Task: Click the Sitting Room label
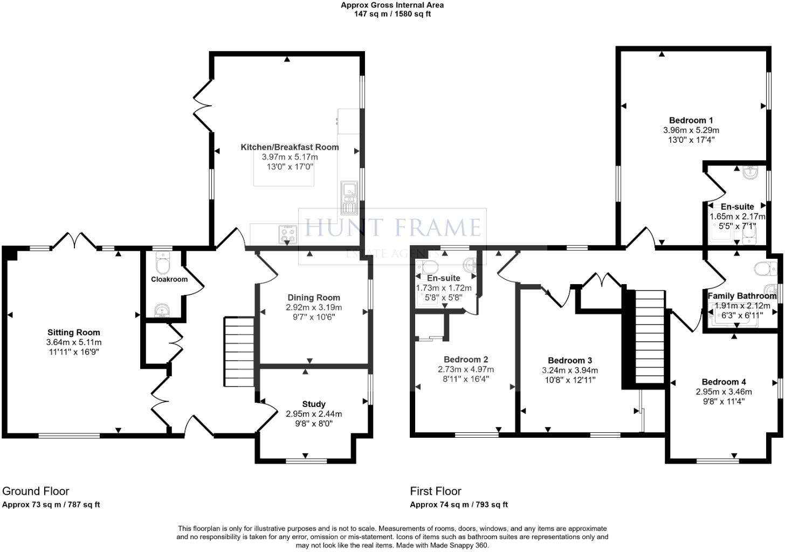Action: [x=74, y=333]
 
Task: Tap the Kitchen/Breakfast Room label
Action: [x=290, y=147]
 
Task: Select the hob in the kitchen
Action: [x=287, y=234]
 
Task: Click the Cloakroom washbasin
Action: [x=161, y=311]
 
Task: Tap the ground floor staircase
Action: [x=239, y=351]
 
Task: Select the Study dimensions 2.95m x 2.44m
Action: [x=314, y=414]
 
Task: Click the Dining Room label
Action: [x=314, y=298]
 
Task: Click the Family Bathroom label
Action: [x=741, y=296]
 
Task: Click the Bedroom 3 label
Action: [x=570, y=361]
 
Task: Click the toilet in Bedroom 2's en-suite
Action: [x=430, y=266]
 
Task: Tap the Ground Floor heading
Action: [x=36, y=491]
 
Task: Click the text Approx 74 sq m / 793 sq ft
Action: [x=458, y=505]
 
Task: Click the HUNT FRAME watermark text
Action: [x=392, y=227]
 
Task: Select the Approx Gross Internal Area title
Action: [x=392, y=5]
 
